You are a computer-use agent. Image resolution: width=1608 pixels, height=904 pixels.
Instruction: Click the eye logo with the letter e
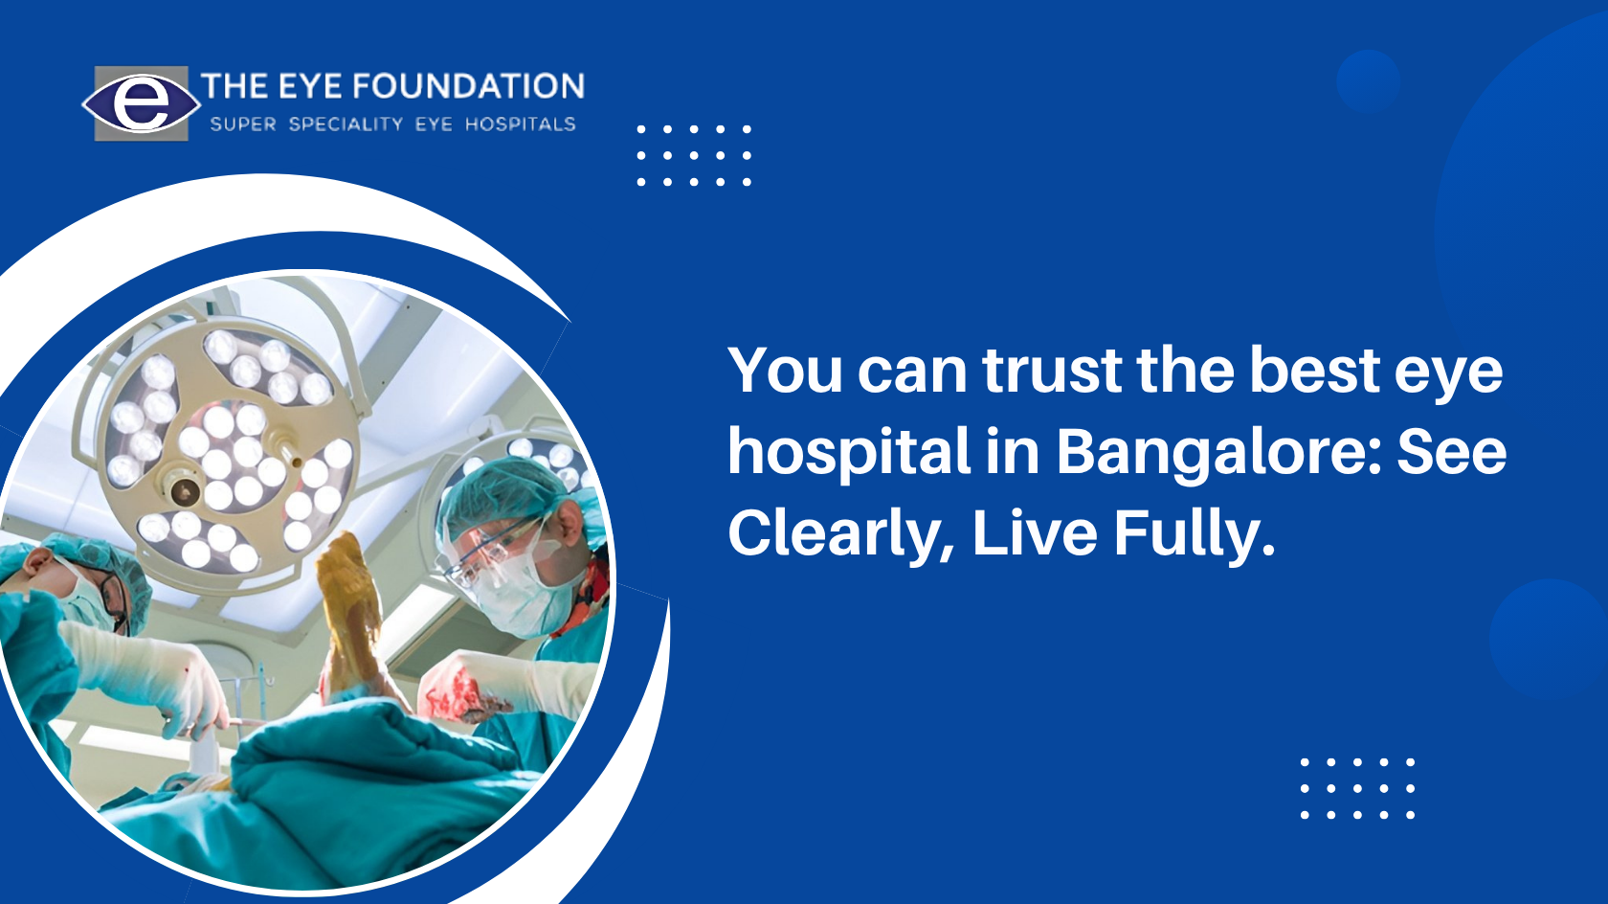pyautogui.click(x=142, y=103)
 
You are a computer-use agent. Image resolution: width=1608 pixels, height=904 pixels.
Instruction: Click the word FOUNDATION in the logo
pyautogui.click(x=468, y=86)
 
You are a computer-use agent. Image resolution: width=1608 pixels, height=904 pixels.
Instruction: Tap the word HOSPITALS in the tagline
pyautogui.click(x=521, y=124)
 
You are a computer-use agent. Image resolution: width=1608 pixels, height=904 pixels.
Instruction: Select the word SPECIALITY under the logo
pyautogui.click(x=346, y=124)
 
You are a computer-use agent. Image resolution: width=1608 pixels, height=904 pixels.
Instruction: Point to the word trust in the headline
pyautogui.click(x=1053, y=372)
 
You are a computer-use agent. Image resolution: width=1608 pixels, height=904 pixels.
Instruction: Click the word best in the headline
pyautogui.click(x=1314, y=371)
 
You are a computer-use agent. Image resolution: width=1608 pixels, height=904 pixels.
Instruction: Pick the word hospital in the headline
pyautogui.click(x=849, y=452)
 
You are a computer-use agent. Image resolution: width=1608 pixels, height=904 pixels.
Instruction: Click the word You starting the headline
pyautogui.click(x=785, y=371)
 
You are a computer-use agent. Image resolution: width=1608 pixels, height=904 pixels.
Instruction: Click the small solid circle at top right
pyautogui.click(x=1369, y=81)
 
